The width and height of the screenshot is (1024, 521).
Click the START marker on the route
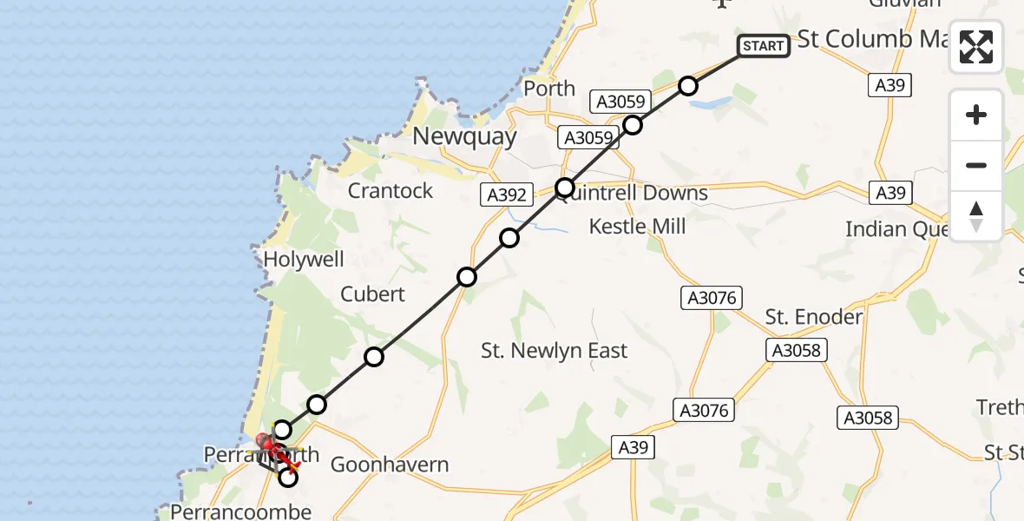tap(764, 46)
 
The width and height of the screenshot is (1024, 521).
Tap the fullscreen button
tap(976, 47)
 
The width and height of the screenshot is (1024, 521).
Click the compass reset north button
tap(976, 216)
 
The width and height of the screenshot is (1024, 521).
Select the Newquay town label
tap(464, 136)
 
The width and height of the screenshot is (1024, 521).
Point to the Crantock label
tap(391, 191)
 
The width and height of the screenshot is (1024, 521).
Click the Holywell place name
tap(304, 260)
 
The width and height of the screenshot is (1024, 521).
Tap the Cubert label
tap(372, 294)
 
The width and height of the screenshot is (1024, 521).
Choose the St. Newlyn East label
tap(555, 351)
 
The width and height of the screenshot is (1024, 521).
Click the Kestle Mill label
tap(638, 227)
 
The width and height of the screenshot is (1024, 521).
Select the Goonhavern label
tap(390, 465)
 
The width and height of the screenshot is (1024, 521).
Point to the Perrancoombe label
tap(240, 511)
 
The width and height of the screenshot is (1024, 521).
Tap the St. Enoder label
tap(814, 317)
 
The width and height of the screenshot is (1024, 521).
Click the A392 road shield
tap(506, 195)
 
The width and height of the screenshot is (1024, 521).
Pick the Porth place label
tap(549, 89)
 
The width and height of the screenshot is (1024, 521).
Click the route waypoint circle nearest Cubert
tap(374, 356)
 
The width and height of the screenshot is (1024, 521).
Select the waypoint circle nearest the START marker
tap(688, 85)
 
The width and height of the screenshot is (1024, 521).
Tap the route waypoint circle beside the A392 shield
tap(565, 187)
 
